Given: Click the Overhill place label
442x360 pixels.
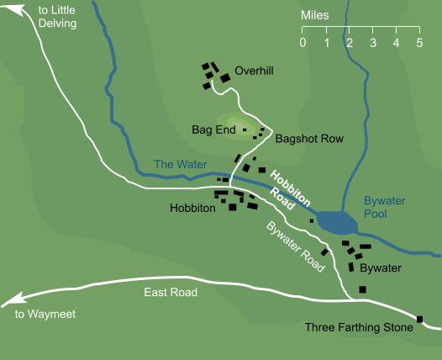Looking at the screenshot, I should tap(255, 71).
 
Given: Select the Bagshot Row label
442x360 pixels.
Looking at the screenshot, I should tap(309, 139).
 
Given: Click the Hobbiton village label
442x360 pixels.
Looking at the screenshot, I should tap(192, 207).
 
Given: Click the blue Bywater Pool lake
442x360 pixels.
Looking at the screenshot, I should tap(338, 223).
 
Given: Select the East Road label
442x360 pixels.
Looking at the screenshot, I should tap(171, 293).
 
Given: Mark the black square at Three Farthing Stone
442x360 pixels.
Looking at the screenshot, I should tap(419, 319).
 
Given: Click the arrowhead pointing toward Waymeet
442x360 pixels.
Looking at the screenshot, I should tap(8, 301).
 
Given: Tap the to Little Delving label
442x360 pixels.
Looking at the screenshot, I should tap(57, 17).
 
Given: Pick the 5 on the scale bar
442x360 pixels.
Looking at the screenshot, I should tap(418, 43).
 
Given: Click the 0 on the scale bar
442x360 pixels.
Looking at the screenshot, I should tap(303, 43).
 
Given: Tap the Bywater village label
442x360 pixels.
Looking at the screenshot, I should tap(381, 268).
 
